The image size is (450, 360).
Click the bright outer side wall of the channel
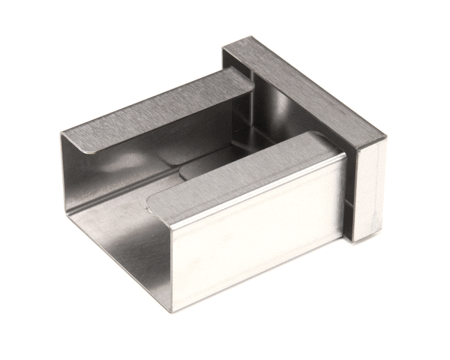tap(255, 225)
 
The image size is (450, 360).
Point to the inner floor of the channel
tap(127, 225)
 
